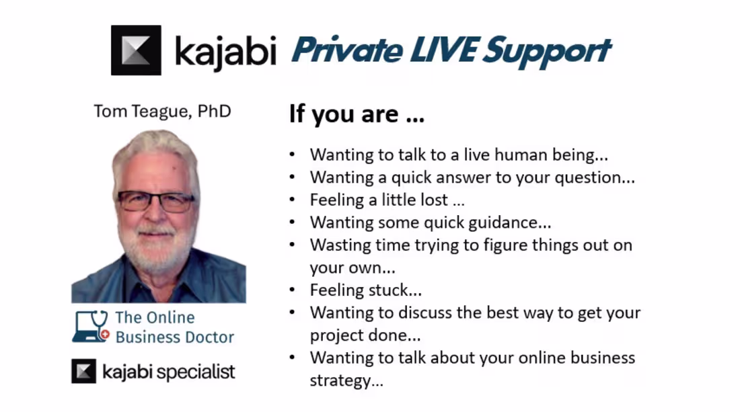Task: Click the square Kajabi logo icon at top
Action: tap(136, 50)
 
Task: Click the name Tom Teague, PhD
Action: tap(162, 111)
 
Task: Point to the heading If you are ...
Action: tap(356, 114)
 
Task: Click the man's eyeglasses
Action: tap(156, 201)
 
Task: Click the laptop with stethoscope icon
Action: tap(90, 327)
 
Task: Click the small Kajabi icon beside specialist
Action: tap(83, 371)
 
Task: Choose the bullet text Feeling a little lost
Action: tap(387, 200)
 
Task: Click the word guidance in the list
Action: tap(515, 222)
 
